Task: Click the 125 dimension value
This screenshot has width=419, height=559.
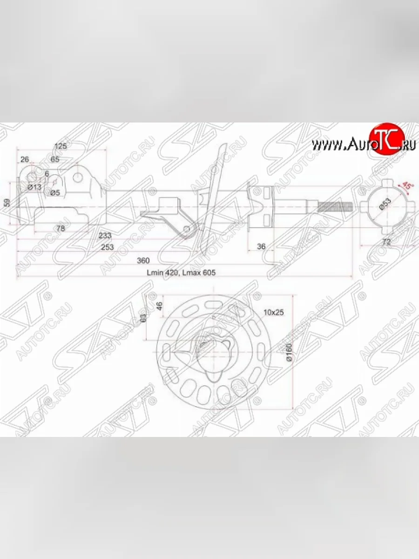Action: click(61, 146)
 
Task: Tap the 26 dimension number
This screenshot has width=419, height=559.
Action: click(25, 159)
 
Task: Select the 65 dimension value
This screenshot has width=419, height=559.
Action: click(55, 159)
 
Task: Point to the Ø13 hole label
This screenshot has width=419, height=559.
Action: click(34, 187)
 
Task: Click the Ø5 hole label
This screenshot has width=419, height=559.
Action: click(55, 192)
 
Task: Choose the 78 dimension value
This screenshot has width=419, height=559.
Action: click(60, 228)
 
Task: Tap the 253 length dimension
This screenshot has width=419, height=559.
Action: click(108, 247)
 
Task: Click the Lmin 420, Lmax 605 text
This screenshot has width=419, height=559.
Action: click(181, 273)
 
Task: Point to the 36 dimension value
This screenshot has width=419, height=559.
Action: click(261, 247)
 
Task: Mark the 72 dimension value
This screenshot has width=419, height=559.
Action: click(386, 242)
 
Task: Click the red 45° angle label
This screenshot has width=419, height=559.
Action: click(407, 186)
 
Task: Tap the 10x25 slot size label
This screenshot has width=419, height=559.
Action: click(273, 312)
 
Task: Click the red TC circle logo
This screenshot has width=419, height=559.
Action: click(385, 138)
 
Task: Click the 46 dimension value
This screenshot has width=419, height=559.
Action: click(159, 306)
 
